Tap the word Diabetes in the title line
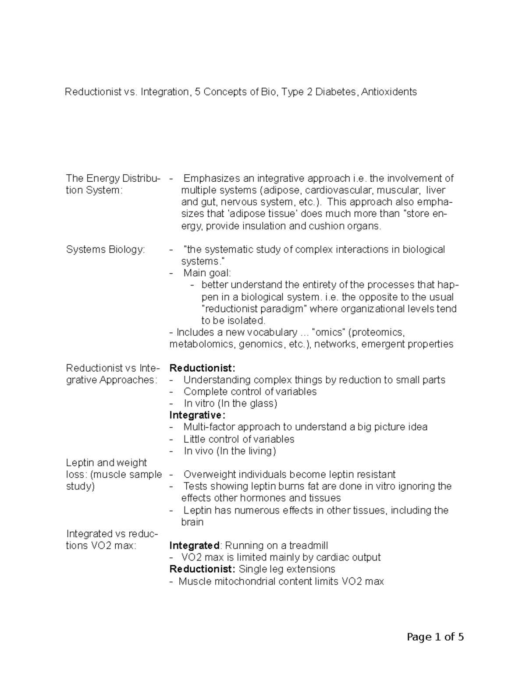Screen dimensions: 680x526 336,92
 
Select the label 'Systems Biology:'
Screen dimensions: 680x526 105,250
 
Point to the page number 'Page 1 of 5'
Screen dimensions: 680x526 435,637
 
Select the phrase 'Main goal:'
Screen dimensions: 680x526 207,273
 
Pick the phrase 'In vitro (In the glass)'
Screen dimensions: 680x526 230,403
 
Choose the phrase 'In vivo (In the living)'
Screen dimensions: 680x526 230,451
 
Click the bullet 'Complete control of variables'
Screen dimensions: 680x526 250,391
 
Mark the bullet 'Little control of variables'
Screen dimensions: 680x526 239,439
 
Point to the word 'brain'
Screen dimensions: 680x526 192,522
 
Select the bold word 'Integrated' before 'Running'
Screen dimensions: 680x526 194,546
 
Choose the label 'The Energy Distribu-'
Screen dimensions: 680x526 113,179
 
